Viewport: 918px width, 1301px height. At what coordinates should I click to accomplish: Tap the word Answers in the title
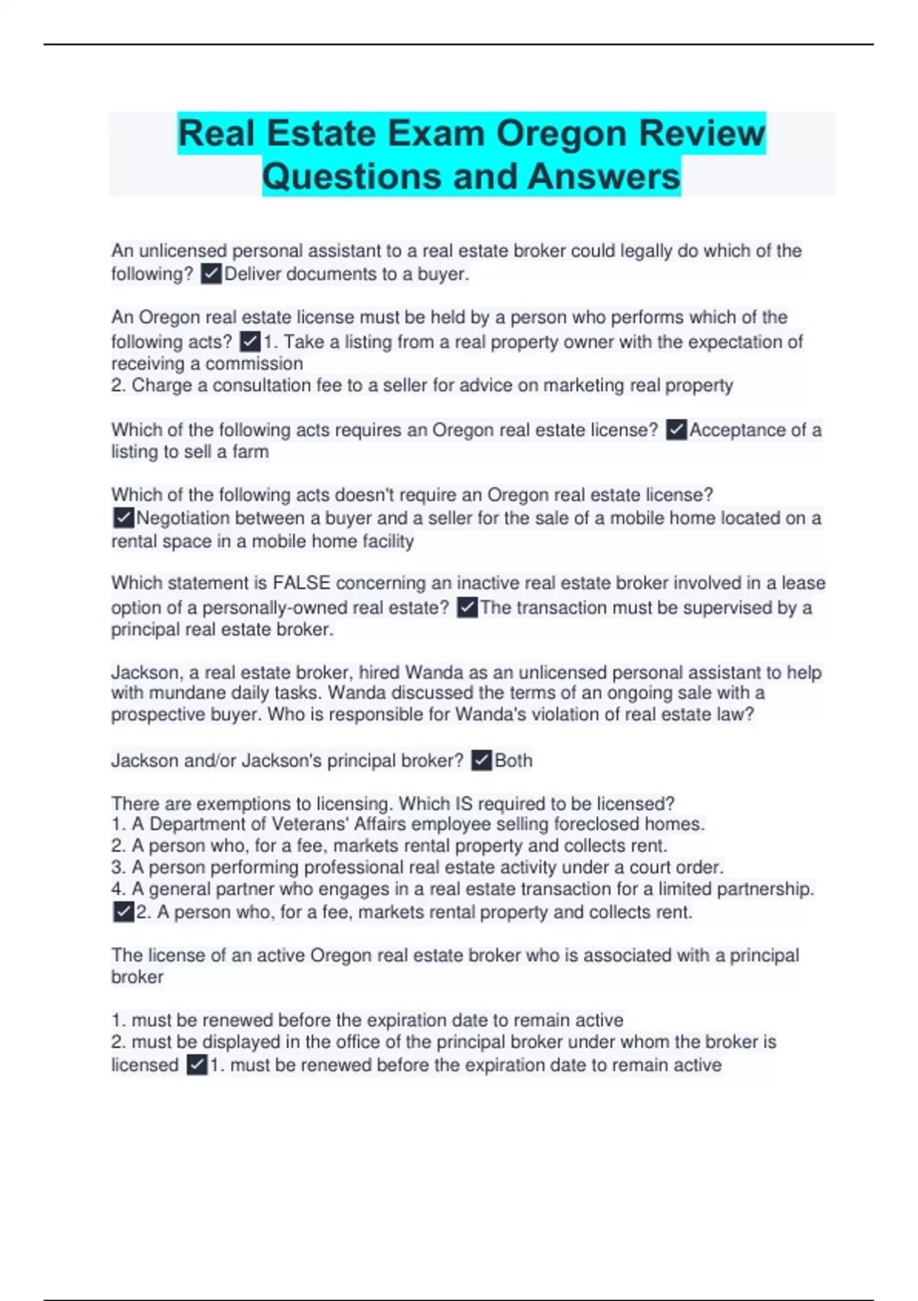tap(604, 177)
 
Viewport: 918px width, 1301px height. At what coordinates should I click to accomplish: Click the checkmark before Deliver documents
tap(211, 274)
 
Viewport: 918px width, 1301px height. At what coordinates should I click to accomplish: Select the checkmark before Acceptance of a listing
tap(676, 430)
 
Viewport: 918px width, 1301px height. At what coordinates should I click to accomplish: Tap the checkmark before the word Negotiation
tap(123, 518)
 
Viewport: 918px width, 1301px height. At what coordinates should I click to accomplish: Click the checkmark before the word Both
tap(481, 761)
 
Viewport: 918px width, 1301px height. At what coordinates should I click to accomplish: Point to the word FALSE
tap(301, 583)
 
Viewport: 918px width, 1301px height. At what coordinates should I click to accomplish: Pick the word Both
tap(513, 761)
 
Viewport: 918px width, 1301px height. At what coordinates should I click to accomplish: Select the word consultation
tap(259, 385)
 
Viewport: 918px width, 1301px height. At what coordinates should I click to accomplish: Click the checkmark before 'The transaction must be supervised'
tap(467, 608)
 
